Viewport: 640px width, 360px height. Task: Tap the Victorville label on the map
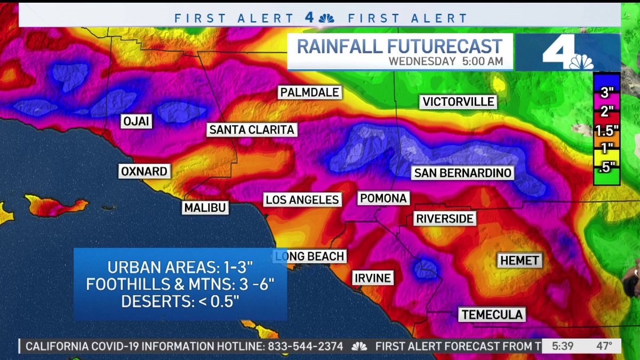(459, 101)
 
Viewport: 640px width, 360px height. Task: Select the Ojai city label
(137, 121)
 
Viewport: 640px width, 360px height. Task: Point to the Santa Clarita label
(252, 130)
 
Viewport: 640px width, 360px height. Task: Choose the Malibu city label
(205, 207)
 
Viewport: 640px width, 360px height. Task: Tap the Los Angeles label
(302, 200)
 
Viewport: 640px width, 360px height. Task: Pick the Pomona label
(383, 198)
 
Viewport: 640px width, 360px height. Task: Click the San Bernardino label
(463, 173)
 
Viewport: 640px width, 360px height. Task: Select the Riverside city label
(445, 219)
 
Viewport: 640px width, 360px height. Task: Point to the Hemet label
(519, 261)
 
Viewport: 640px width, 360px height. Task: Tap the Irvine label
(372, 278)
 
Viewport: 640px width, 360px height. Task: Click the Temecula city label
(492, 315)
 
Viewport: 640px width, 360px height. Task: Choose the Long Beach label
(310, 257)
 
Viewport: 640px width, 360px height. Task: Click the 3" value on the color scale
(606, 92)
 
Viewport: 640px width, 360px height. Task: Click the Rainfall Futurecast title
(399, 46)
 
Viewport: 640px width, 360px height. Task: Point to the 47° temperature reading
(604, 346)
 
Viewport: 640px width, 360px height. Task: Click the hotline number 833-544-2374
(305, 346)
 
